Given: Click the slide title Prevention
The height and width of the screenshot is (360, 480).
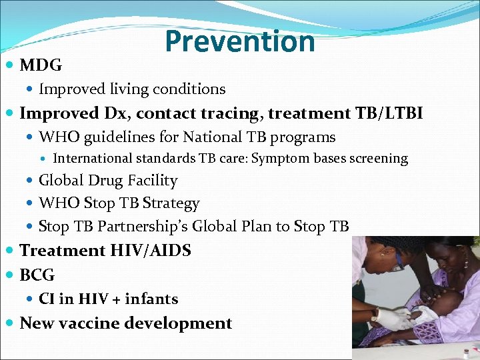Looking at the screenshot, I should [239, 41].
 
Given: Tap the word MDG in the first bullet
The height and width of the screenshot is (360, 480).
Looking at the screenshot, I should [41, 65].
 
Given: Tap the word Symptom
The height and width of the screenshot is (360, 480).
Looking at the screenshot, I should [281, 159].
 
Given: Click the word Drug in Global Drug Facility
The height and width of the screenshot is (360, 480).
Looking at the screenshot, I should [109, 181].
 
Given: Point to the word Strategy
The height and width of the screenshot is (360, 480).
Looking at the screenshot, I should [171, 203].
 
